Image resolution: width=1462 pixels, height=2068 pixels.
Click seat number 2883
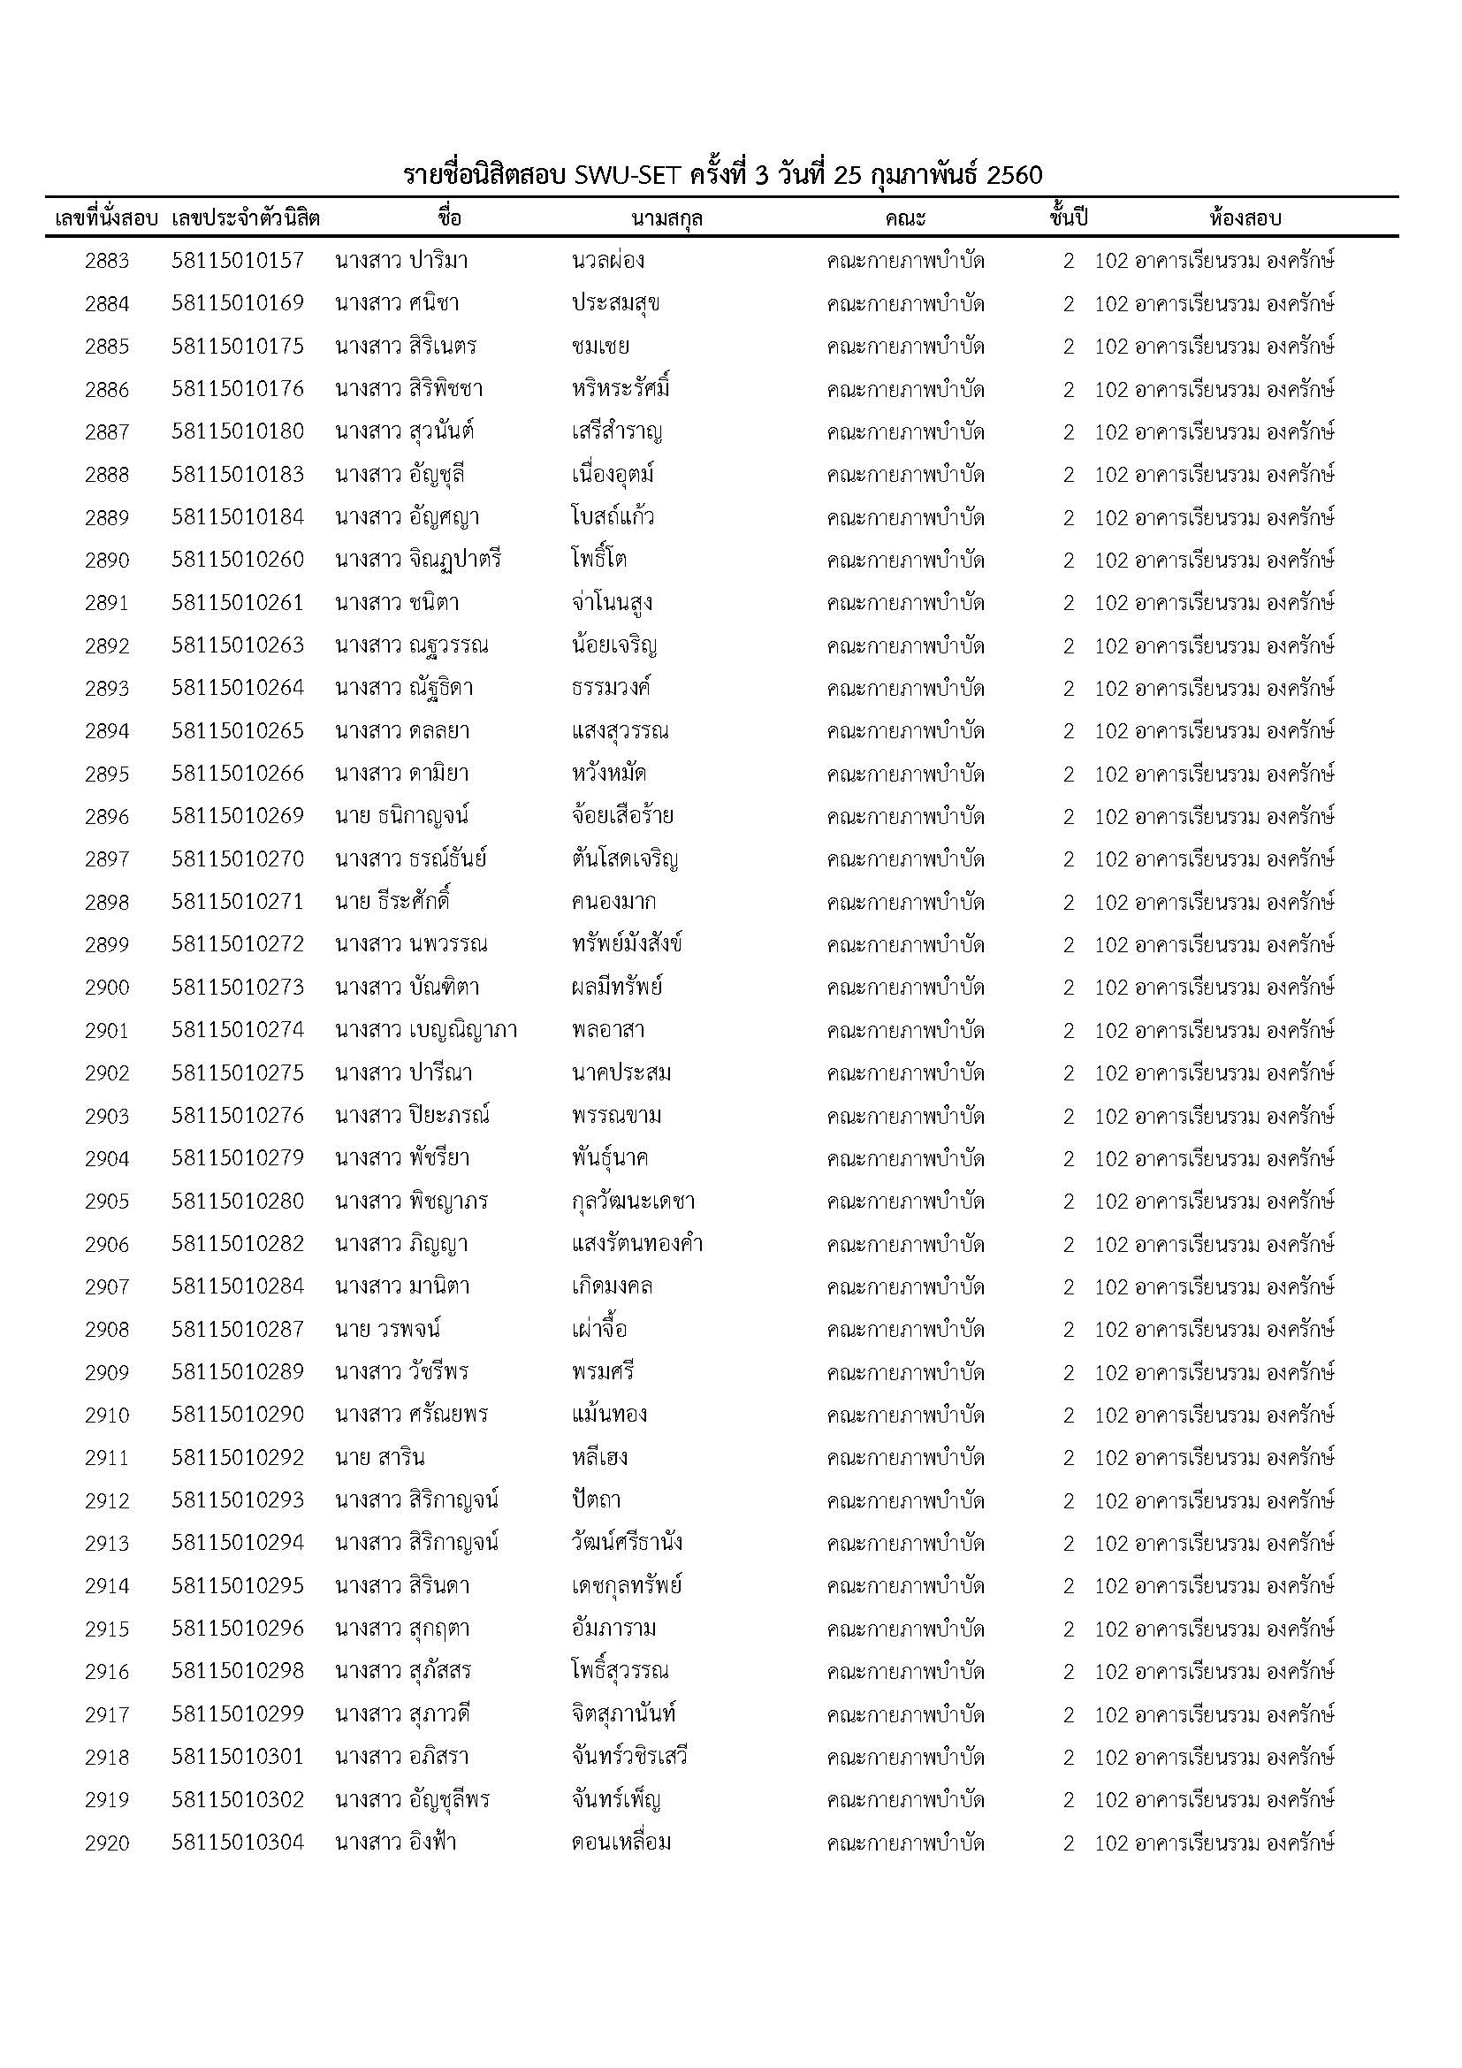pos(107,261)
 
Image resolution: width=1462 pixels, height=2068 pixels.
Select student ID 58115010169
pos(238,303)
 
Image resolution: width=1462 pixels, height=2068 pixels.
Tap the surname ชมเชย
pos(599,347)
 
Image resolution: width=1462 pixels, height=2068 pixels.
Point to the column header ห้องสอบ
pos(1245,218)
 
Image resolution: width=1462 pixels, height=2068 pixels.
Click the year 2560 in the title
pos(1014,175)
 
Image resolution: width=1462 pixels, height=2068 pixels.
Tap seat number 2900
pos(107,988)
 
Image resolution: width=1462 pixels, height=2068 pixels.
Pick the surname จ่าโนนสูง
pos(613,603)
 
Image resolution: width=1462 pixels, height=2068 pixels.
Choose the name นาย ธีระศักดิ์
pos(392,902)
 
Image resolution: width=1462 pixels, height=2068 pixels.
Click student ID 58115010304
pos(238,1843)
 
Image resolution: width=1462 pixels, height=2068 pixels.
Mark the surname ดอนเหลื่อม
pos(621,1843)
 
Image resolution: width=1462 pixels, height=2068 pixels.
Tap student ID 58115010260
pos(238,561)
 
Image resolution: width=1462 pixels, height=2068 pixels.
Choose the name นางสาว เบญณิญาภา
pos(426,1030)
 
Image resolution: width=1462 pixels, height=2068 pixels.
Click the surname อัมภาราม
pos(613,1629)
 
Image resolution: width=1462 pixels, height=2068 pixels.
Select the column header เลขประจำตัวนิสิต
pos(246,218)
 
